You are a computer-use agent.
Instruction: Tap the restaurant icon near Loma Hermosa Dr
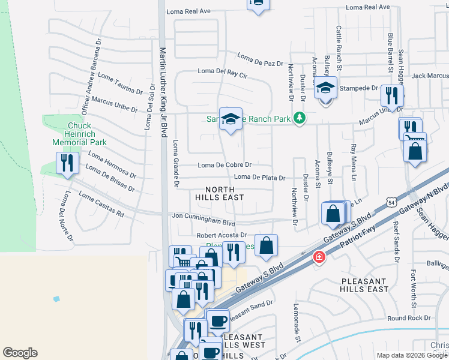[x=67, y=163]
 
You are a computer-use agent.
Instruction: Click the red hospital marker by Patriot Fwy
[x=319, y=257]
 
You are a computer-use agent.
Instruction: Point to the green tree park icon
[x=300, y=119]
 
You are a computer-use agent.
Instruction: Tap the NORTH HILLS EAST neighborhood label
[x=220, y=193]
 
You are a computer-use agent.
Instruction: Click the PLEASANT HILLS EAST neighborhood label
[x=365, y=285]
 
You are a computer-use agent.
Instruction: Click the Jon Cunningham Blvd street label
[x=204, y=216]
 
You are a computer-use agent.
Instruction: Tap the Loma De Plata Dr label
[x=259, y=177]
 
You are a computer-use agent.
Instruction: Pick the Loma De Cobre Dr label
[x=224, y=165]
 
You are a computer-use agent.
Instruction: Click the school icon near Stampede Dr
[x=325, y=88]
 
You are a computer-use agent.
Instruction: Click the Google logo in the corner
[x=20, y=353]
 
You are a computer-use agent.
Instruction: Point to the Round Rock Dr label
[x=409, y=318]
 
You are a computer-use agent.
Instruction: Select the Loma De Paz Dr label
[x=259, y=60]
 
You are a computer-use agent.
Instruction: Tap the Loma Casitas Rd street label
[x=101, y=205]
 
